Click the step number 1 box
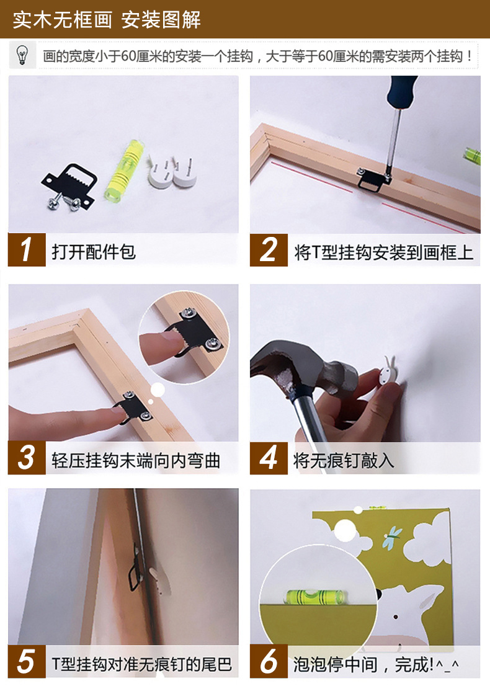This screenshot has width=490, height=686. pyautogui.click(x=27, y=250)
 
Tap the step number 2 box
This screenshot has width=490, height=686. pyautogui.click(x=268, y=250)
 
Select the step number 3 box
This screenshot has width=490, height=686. pyautogui.click(x=27, y=458)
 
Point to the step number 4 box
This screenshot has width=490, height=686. pyautogui.click(x=268, y=458)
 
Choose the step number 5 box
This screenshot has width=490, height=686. pyautogui.click(x=27, y=661)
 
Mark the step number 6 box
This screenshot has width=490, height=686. pyautogui.click(x=268, y=661)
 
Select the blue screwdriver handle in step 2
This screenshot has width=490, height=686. pyautogui.click(x=402, y=93)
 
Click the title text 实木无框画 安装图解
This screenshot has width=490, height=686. pyautogui.click(x=107, y=20)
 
